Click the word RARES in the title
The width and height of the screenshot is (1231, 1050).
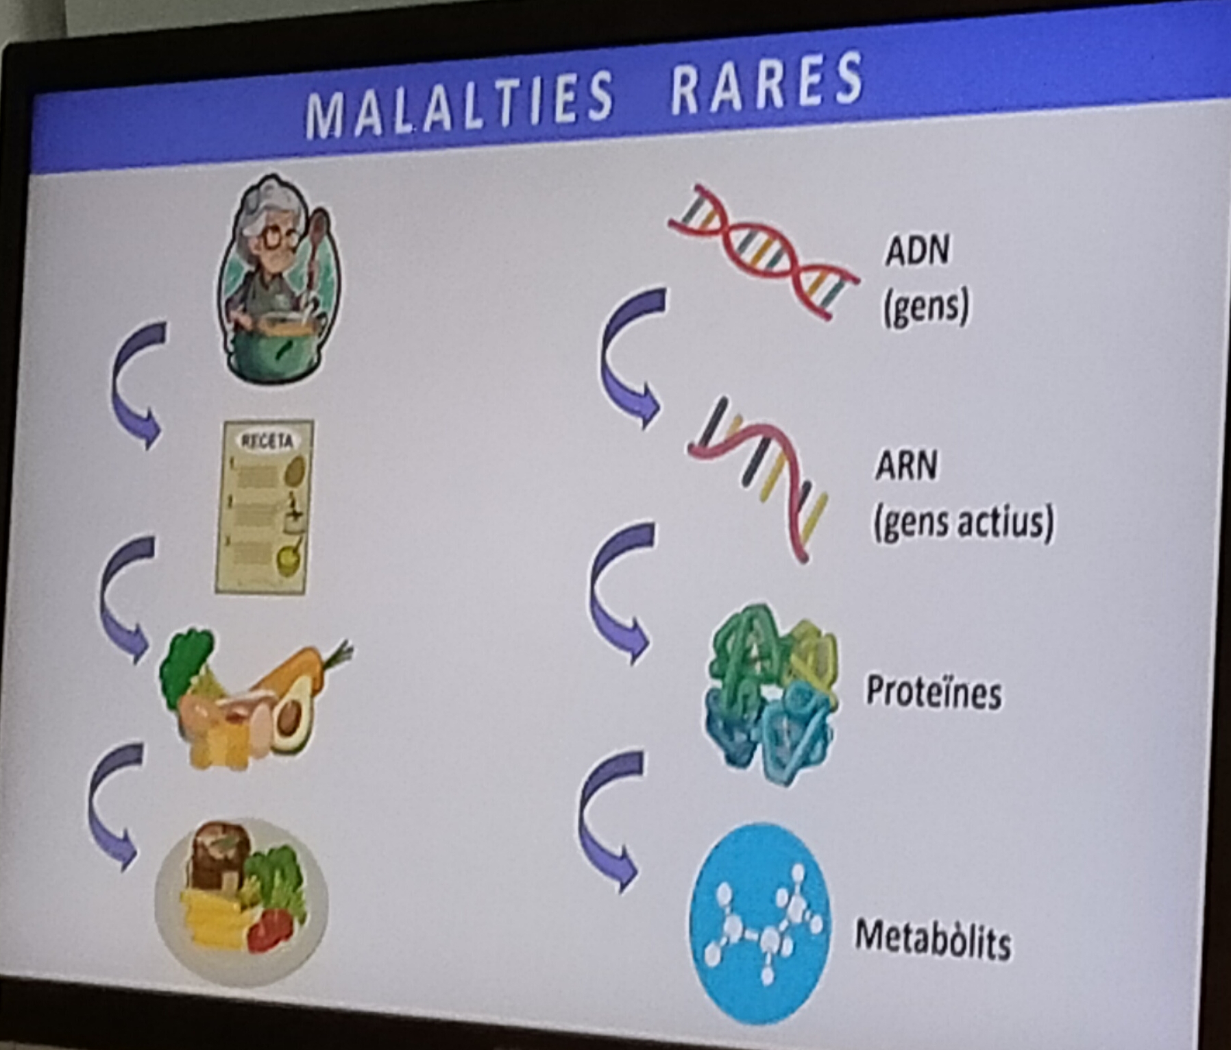767,83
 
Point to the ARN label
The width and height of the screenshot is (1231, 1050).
907,466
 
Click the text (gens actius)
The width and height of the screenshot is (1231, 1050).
963,523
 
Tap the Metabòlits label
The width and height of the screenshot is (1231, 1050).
933,938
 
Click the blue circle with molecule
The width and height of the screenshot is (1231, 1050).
760,923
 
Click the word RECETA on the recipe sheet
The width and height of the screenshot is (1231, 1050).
266,441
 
